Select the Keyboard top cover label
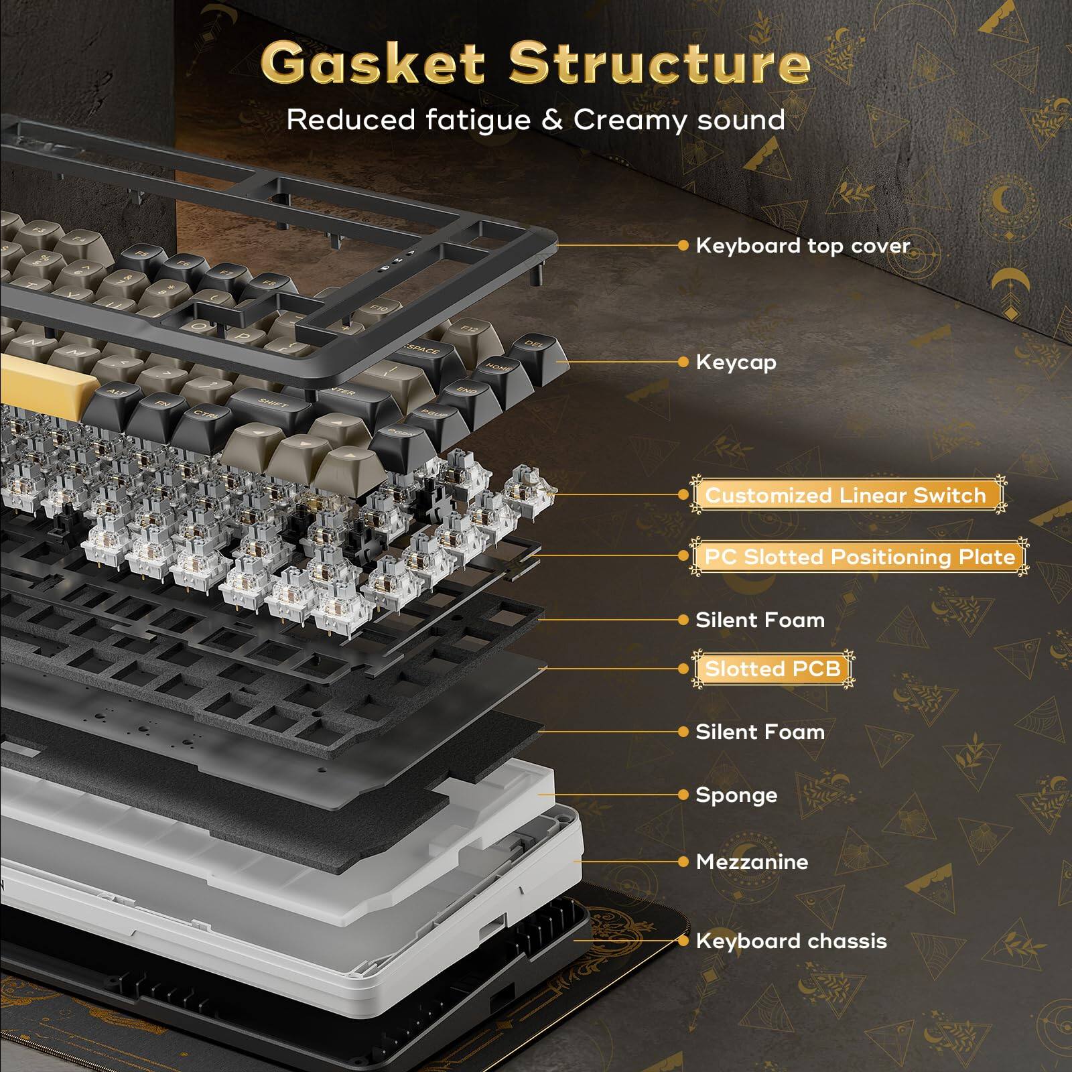pos(803,246)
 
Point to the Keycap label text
pos(736,362)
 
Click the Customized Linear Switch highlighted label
pos(846,495)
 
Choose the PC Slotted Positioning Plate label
pos(860,557)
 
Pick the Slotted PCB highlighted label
pos(773,669)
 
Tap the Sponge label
pos(736,795)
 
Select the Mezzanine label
pos(752,862)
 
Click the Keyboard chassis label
pos(791,941)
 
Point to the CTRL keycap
pos(205,415)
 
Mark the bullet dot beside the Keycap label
pos(683,362)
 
